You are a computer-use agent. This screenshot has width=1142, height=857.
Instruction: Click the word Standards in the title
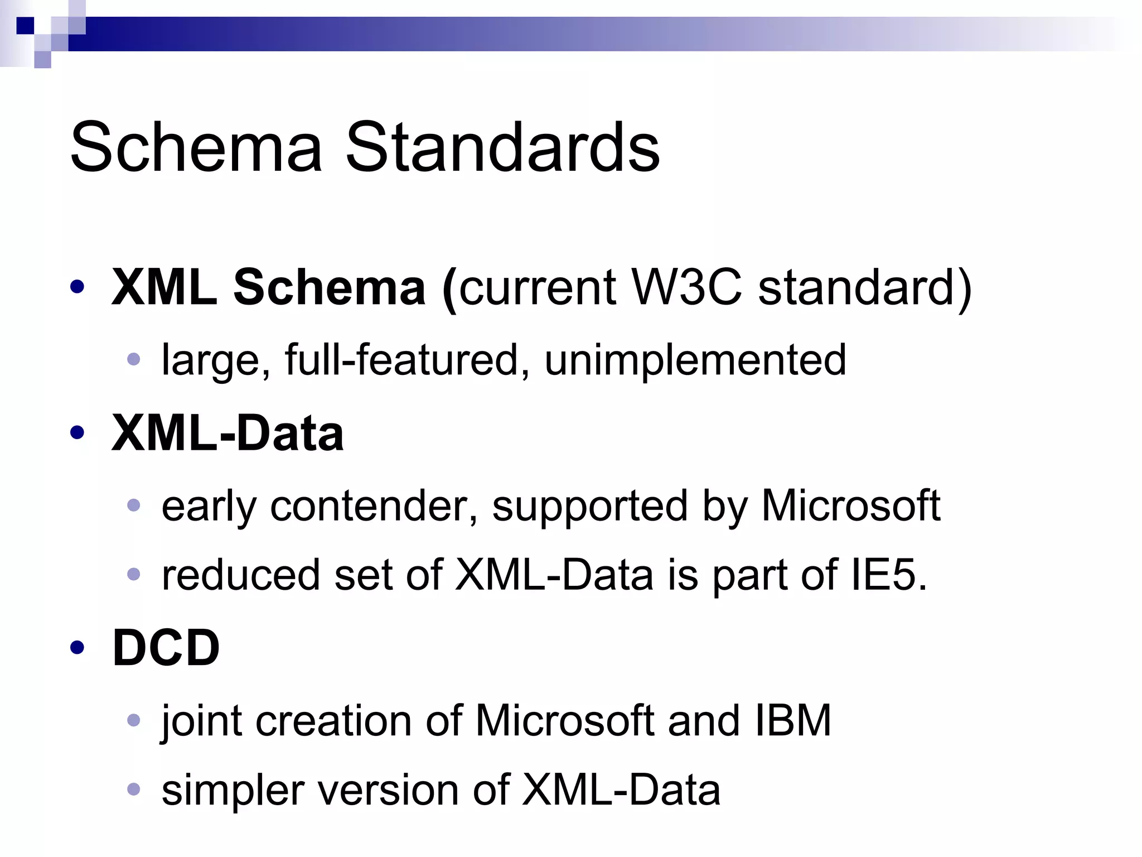tap(502, 147)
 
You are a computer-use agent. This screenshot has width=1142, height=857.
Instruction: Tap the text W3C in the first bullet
tap(686, 288)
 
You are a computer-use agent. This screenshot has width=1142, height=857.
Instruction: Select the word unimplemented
tap(695, 360)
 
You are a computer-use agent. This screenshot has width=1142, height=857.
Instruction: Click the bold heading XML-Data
tap(228, 433)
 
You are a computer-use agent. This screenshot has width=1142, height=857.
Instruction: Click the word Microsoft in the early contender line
tap(851, 505)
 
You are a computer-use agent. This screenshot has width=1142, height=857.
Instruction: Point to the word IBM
tap(793, 720)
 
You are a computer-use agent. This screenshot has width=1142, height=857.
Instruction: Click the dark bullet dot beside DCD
tap(78, 647)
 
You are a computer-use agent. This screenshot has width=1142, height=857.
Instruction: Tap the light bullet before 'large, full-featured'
tap(133, 359)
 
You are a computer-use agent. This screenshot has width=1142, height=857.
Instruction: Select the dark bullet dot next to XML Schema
tap(78, 287)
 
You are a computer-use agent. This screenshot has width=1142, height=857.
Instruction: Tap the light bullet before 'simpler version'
tap(133, 789)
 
